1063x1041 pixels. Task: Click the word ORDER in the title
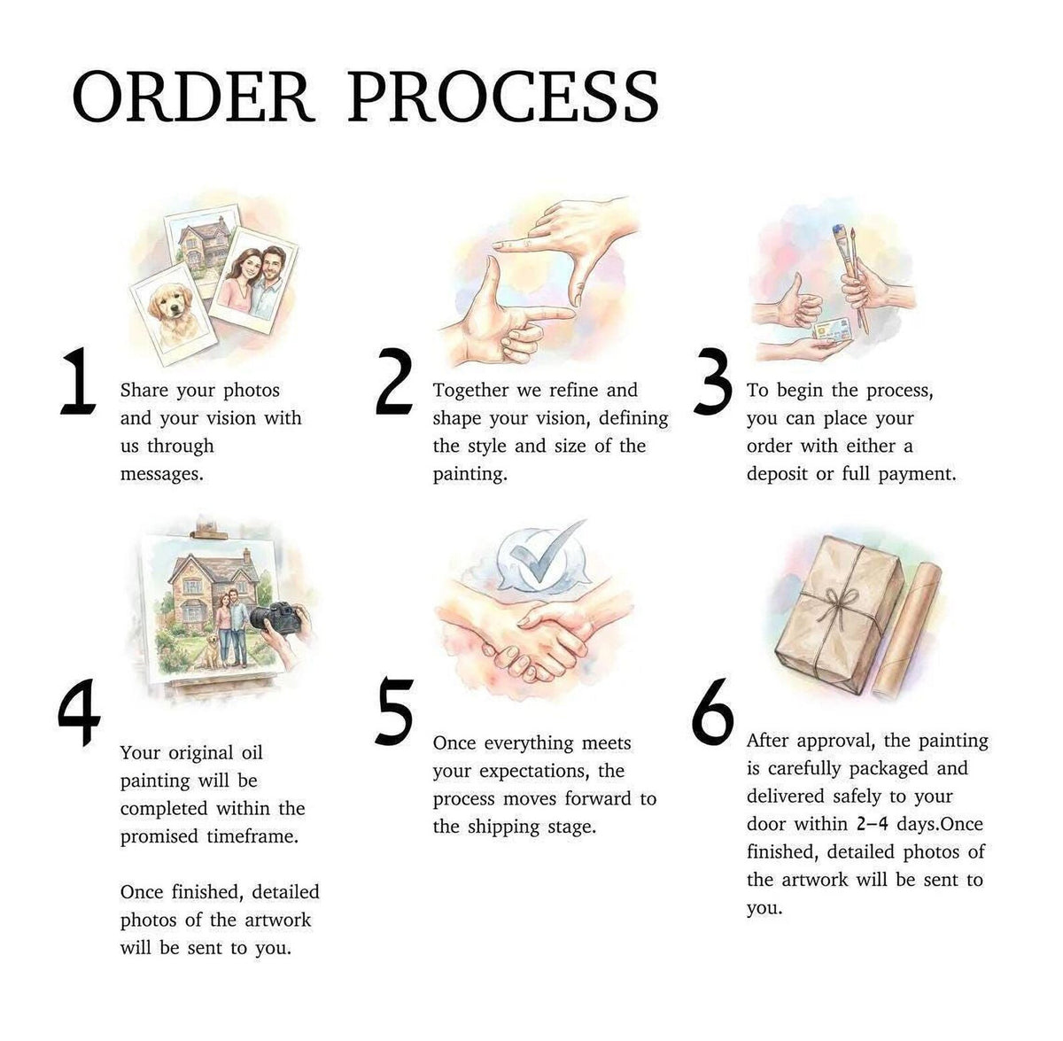tap(194, 96)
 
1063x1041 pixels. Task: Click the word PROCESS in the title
tap(503, 96)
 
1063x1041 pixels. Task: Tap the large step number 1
tap(78, 382)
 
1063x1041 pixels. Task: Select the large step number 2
tap(393, 382)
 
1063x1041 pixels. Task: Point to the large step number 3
tap(712, 382)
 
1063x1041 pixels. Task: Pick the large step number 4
tap(80, 712)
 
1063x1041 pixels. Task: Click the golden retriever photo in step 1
tap(174, 315)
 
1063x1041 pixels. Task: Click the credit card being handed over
tap(832, 330)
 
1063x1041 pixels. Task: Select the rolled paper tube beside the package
tap(904, 628)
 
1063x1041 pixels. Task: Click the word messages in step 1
tap(161, 475)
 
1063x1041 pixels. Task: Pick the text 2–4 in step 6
tap(873, 824)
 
